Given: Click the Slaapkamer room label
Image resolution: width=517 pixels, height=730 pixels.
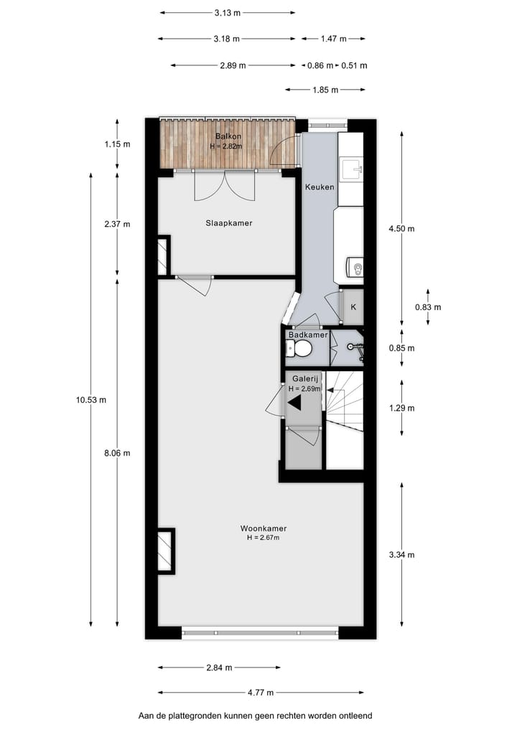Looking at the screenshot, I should click(x=226, y=223).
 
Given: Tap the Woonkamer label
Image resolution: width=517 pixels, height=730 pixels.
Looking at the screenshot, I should click(x=258, y=528).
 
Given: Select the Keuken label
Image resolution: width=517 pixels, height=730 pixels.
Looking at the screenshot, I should click(x=319, y=187).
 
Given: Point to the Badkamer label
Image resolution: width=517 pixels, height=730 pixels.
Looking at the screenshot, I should click(x=308, y=335).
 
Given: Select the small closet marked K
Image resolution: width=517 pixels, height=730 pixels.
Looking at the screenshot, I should click(x=353, y=306).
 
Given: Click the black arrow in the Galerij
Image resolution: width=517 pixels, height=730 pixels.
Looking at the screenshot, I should click(x=294, y=403).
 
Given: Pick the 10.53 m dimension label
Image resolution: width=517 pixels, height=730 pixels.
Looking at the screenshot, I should click(x=91, y=400).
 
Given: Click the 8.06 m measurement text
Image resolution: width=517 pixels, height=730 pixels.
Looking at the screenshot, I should click(x=117, y=453).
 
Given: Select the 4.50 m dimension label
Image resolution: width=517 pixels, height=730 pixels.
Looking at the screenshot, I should click(x=401, y=229).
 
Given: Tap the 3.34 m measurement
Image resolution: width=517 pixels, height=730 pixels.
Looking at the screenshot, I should click(x=401, y=555).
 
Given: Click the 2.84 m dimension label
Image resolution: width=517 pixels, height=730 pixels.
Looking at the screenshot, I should click(x=219, y=668).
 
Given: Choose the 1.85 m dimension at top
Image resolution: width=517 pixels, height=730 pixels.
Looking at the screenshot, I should click(x=325, y=90).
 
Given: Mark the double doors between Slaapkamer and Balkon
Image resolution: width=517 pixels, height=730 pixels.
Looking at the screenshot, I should click(x=225, y=185).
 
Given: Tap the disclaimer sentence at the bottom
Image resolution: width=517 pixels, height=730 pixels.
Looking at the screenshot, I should click(x=256, y=716).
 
